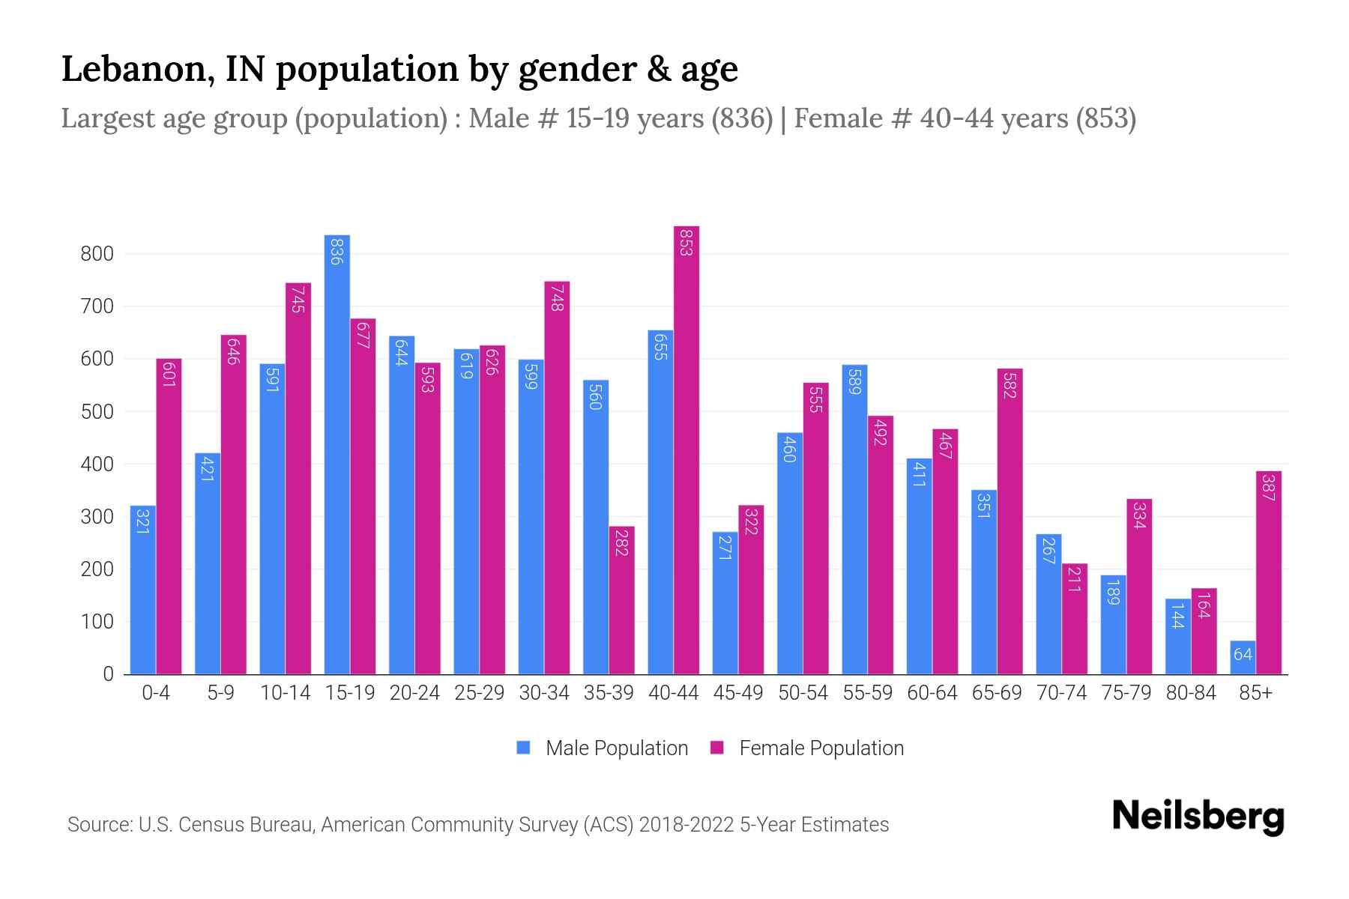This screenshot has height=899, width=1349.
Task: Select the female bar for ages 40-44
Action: point(686,449)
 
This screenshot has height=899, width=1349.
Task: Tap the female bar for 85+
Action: point(1268,572)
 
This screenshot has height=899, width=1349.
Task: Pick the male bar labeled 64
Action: point(1243,658)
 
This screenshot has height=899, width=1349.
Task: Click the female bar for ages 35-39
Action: point(621,600)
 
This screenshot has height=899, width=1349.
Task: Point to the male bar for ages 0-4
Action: point(142,590)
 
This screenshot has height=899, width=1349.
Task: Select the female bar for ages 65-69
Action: point(1010,521)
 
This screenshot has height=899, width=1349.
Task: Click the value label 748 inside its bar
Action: point(557,297)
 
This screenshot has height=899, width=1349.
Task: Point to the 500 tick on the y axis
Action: point(97,412)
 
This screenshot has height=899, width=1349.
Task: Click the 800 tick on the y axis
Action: point(97,254)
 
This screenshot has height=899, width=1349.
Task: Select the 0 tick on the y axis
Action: point(108,674)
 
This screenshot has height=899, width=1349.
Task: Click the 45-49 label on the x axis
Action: point(737,693)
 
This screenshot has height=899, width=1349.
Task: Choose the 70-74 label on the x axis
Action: point(1061,693)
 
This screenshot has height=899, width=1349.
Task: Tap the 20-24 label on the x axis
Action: point(414,693)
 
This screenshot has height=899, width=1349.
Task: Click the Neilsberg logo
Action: point(1198,817)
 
